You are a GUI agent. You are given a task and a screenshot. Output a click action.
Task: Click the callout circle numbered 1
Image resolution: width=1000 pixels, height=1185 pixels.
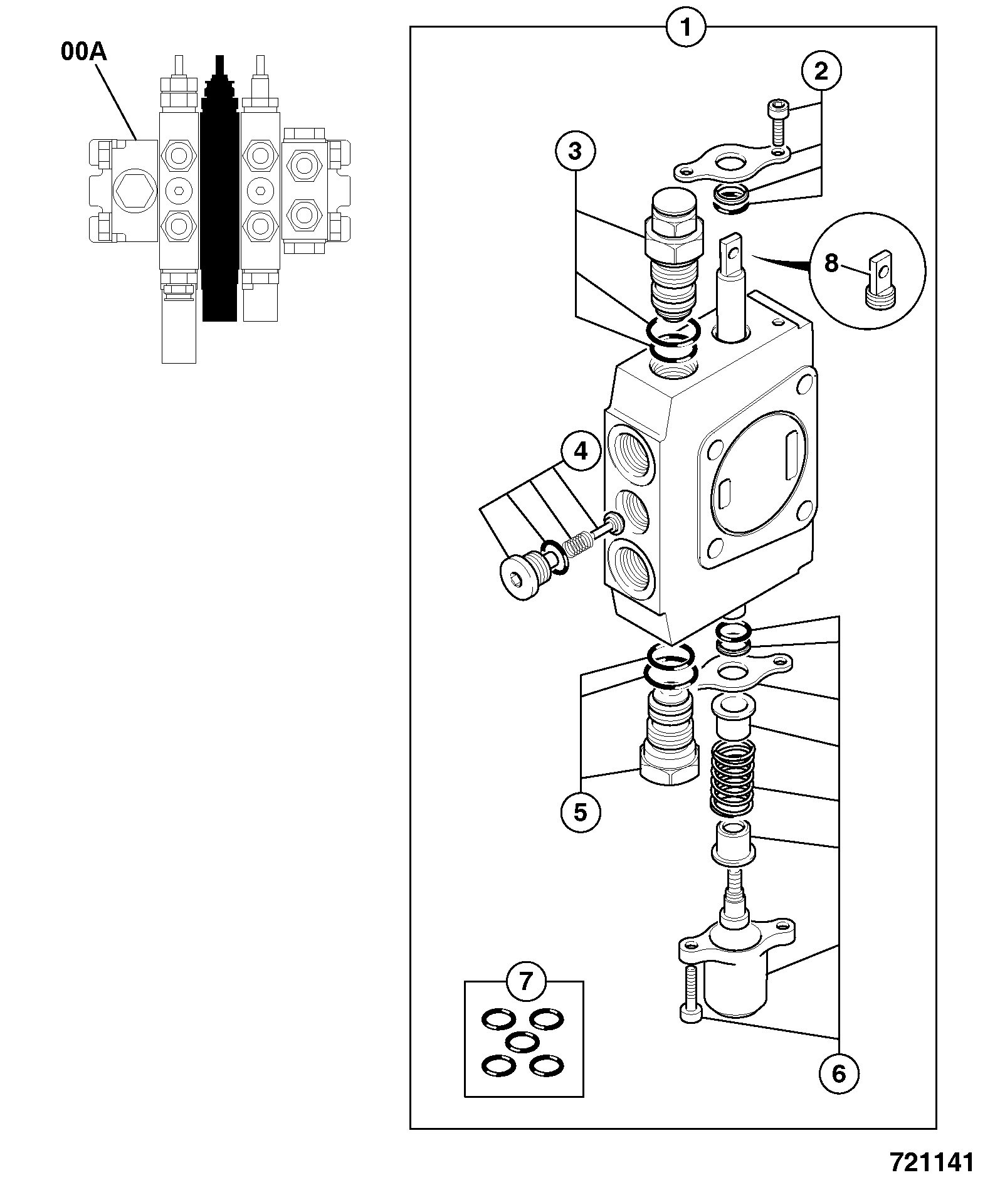click(686, 28)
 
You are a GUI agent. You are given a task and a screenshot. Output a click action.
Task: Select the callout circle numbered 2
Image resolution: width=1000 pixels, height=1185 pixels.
click(821, 71)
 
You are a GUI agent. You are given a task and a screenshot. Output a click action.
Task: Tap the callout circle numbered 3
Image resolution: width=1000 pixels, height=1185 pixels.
click(576, 151)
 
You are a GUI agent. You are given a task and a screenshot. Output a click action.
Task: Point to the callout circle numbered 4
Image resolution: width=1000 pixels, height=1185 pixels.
click(581, 451)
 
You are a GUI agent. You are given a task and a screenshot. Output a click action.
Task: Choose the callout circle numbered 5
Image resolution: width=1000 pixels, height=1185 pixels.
click(581, 813)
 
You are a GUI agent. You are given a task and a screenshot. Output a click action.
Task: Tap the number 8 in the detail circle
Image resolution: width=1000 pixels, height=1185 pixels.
click(831, 263)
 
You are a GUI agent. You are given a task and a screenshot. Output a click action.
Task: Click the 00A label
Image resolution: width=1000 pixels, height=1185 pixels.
click(84, 52)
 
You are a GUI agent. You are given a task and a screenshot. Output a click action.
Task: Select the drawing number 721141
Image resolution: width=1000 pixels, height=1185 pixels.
click(932, 1162)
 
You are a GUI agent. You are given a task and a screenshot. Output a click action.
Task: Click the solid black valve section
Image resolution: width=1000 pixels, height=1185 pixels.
click(219, 188)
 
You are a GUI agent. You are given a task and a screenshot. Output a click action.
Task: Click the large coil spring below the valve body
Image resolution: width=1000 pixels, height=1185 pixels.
click(732, 779)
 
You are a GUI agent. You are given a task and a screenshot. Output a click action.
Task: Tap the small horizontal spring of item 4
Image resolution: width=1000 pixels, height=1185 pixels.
click(577, 540)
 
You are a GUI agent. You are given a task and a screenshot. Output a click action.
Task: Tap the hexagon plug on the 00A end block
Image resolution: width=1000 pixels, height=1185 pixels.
click(133, 191)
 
